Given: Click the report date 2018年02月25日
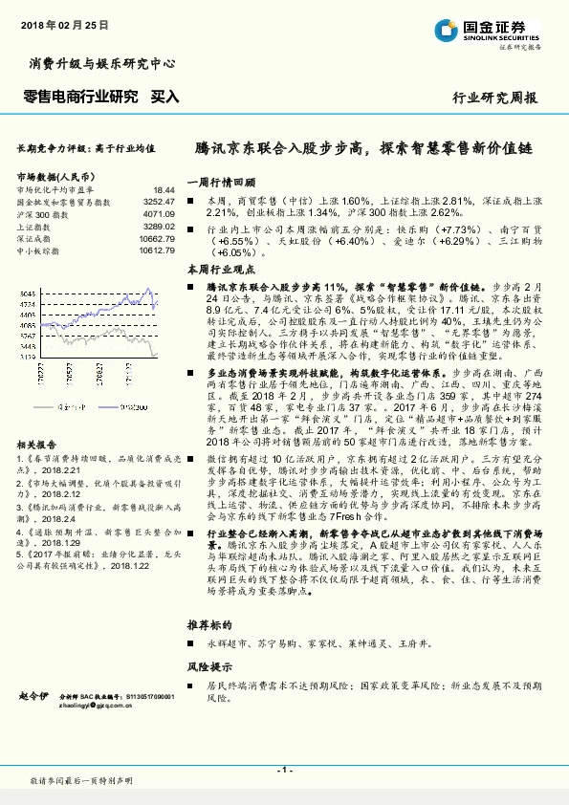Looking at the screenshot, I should [63, 22].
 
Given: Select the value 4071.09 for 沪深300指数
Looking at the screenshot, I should [159, 214].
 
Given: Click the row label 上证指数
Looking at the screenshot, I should [34, 227].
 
